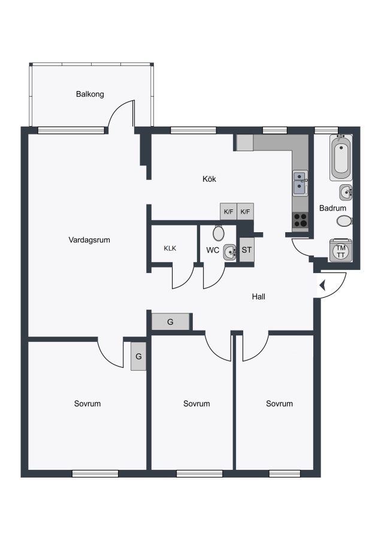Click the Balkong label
[x=90, y=94]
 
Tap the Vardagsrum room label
[x=89, y=239]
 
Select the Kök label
[x=210, y=179]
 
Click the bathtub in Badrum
[x=341, y=158]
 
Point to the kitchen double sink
[x=301, y=184]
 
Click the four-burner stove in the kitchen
[x=300, y=220]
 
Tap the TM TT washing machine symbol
[x=341, y=251]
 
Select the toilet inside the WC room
[x=218, y=233]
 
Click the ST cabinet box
[x=247, y=250]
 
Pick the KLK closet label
[x=170, y=248]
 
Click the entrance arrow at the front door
[x=322, y=286]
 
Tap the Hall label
[x=259, y=296]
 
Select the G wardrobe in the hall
[x=171, y=322]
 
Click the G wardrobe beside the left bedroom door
[x=138, y=356]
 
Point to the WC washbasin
[x=229, y=253]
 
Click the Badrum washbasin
[x=346, y=192]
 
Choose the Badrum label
[x=332, y=208]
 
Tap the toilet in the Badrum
[x=344, y=221]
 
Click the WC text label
[x=213, y=250]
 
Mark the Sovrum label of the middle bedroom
[x=196, y=404]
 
